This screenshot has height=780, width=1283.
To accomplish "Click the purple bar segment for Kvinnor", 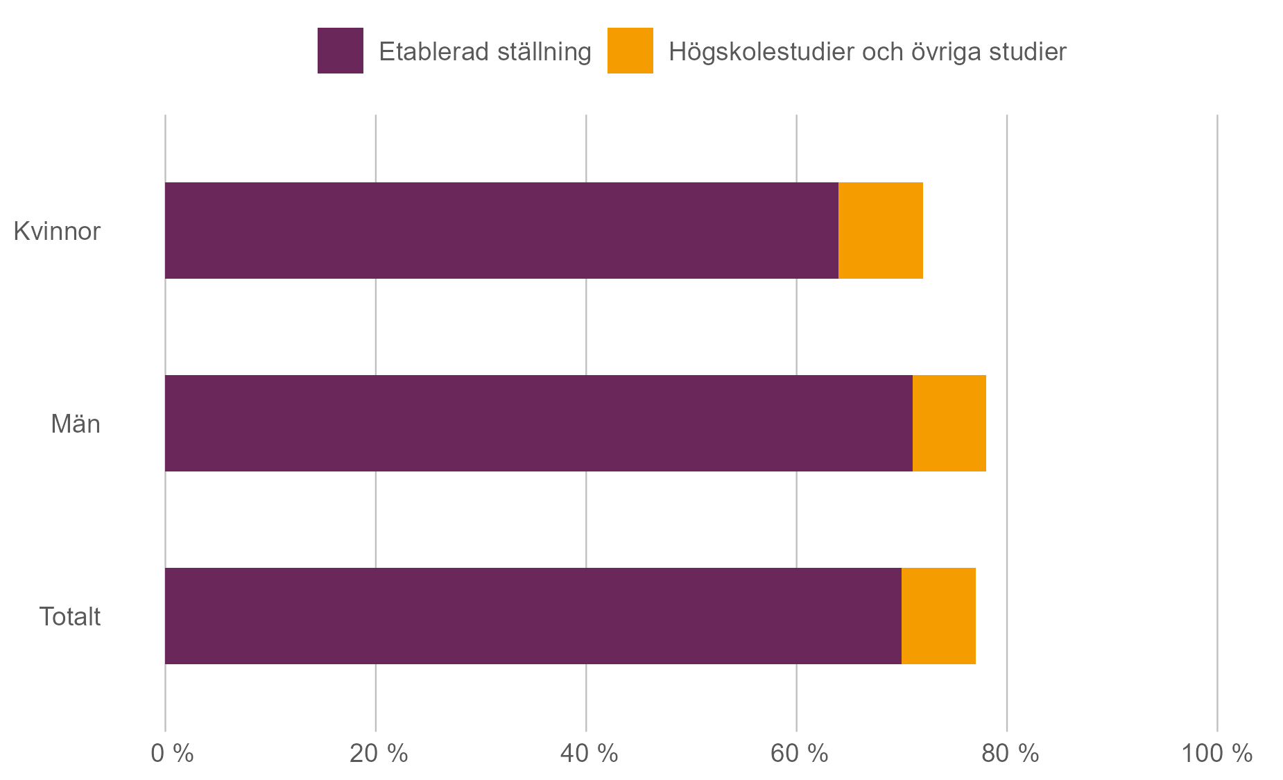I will (x=501, y=230).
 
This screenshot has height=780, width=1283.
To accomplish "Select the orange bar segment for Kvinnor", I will (x=880, y=230).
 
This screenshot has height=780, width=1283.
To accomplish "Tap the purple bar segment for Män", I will (x=538, y=423).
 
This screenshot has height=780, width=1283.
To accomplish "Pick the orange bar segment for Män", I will (x=949, y=423).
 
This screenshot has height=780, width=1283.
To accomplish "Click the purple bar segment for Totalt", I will (x=533, y=616).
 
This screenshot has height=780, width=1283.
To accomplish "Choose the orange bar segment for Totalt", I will (x=938, y=616).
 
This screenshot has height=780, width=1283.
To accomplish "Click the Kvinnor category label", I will (x=57, y=231).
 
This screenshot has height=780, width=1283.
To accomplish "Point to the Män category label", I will (x=76, y=424).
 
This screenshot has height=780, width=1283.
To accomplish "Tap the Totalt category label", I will (x=70, y=616).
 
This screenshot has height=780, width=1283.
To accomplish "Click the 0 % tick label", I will (x=172, y=753).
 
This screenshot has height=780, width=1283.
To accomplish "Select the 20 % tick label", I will (x=378, y=753).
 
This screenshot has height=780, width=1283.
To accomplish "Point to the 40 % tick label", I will (x=589, y=753).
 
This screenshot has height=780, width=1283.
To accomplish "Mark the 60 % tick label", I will (x=799, y=753).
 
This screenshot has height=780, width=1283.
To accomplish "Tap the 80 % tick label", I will (x=1010, y=753).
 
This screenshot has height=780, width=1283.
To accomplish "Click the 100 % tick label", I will (x=1216, y=753).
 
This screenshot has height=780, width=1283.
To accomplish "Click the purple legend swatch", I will (x=340, y=51).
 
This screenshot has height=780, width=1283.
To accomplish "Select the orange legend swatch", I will (x=630, y=51).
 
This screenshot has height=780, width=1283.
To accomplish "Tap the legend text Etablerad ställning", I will (x=485, y=52).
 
